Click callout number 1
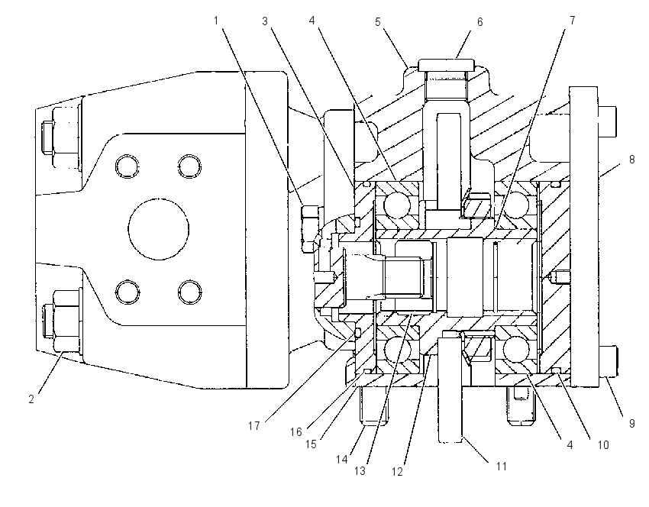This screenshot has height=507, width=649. click(x=216, y=21)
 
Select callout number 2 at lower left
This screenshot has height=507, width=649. click(x=31, y=399)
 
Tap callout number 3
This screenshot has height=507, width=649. click(x=265, y=21)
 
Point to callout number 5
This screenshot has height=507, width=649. click(x=377, y=22)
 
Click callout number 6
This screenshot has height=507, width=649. click(x=479, y=22)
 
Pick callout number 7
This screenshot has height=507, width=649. click(x=573, y=21)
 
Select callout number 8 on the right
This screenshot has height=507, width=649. click(x=631, y=160)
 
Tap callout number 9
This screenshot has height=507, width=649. click(x=631, y=424)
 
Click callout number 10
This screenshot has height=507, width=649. click(x=603, y=445)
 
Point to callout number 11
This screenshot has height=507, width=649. click(x=502, y=467)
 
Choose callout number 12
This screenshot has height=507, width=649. click(x=397, y=471)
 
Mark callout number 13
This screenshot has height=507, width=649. click(x=360, y=470)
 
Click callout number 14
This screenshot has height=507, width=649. click(x=341, y=459)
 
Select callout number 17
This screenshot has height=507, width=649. click(x=253, y=425)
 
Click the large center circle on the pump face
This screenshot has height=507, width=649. click(x=159, y=229)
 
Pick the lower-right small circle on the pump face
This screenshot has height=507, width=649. click(x=190, y=292)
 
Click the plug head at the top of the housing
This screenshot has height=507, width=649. click(x=446, y=65)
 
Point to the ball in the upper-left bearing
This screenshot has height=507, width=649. click(x=396, y=205)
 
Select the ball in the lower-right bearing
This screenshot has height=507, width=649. click(x=516, y=348)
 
